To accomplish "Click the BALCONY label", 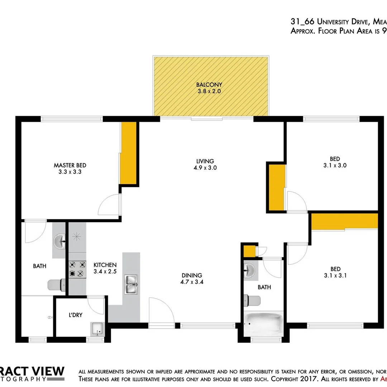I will (209, 88).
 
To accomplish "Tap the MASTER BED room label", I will (70, 168).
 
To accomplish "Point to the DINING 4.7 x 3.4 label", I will (192, 278).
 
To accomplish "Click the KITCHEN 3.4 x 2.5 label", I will (105, 268).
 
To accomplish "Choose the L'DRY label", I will (76, 315).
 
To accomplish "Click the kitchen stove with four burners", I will (77, 269).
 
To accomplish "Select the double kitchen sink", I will (131, 285).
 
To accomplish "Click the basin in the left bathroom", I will (59, 242).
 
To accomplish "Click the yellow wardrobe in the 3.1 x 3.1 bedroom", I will (344, 221).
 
